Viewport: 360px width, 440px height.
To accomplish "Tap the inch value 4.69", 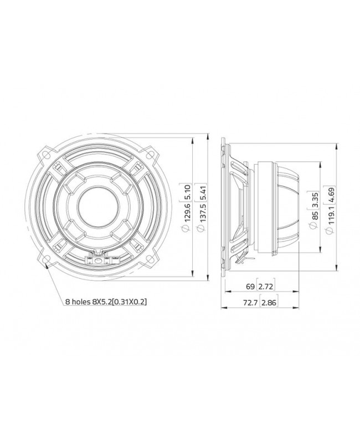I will (331, 193).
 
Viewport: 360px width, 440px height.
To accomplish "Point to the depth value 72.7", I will (247, 303).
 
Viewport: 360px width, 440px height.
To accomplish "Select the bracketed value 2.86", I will (268, 303).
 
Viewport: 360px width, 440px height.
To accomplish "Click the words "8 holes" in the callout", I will (76, 302).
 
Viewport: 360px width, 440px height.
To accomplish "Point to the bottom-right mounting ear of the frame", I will (148, 259).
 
